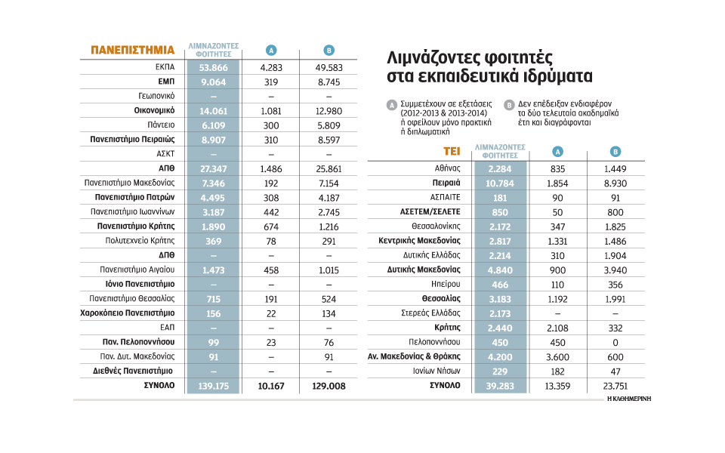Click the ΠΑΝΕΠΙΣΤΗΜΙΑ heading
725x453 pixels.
coord(132,51)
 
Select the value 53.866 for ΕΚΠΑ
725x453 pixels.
coord(214,67)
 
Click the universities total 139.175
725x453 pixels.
coord(214,385)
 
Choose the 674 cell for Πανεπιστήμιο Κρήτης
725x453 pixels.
coord(271,226)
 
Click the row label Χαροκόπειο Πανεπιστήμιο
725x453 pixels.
coord(128,313)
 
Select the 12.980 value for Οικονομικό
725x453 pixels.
coord(329,110)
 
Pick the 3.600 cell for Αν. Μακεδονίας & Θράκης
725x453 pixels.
coord(559,356)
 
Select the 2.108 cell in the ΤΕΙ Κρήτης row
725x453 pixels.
coord(559,328)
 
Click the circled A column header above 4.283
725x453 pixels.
coord(271,51)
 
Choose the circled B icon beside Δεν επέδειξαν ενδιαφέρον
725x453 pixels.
coord(509,105)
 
